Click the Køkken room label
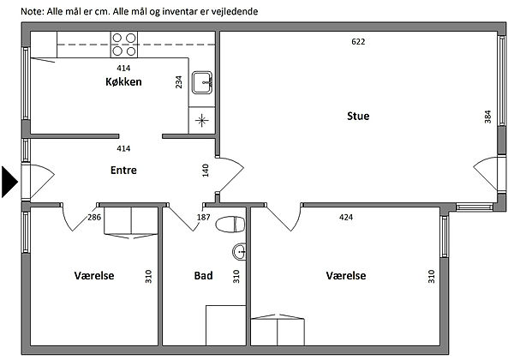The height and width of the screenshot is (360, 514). (123, 81)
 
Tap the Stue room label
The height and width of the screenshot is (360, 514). (358, 116)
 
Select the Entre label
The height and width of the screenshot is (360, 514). (123, 171)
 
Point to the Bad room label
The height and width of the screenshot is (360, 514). (203, 275)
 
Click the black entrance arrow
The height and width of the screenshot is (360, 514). (9, 182)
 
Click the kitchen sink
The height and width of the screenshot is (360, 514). (202, 82)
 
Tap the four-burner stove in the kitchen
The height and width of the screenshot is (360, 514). (124, 45)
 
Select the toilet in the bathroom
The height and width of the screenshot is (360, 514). (230, 225)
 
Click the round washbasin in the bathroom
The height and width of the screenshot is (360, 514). (239, 252)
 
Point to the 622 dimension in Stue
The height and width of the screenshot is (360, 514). (358, 42)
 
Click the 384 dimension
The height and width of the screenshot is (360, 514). (487, 117)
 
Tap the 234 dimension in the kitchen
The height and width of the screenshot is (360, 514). (179, 82)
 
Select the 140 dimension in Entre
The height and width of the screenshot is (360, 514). (206, 171)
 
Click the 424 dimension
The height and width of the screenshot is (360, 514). (346, 217)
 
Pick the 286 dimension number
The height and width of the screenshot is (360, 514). (94, 217)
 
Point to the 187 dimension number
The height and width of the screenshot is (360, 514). (203, 217)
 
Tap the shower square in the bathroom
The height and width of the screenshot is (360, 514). (226, 325)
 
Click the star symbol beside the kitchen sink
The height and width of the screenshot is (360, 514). (202, 120)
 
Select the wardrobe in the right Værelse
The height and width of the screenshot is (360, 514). (278, 329)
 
